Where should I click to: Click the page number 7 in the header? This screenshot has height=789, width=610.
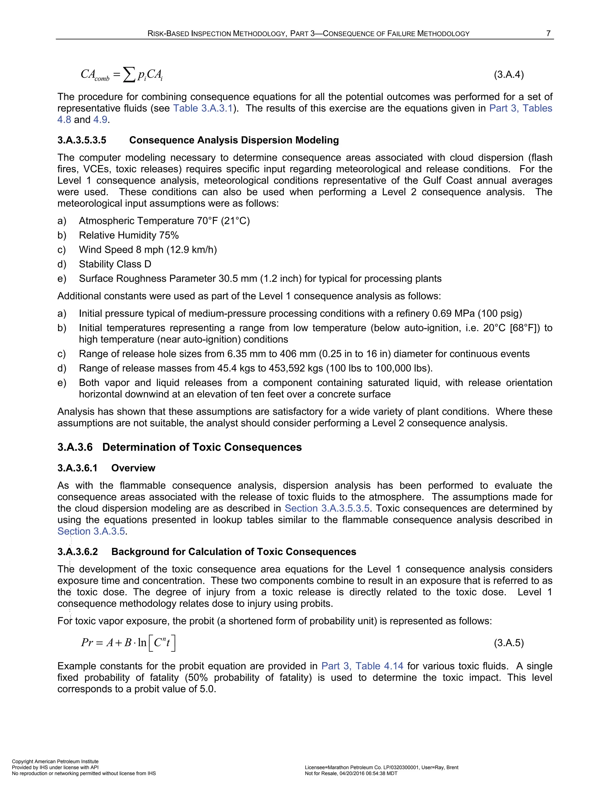[x=548, y=34]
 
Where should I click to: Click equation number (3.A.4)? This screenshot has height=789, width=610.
[x=509, y=75]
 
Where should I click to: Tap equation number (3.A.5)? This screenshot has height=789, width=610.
[x=509, y=643]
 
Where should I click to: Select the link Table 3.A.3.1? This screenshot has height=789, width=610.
[x=202, y=108]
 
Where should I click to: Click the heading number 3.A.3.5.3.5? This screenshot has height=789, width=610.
[x=82, y=140]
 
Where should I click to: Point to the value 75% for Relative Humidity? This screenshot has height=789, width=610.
[x=169, y=235]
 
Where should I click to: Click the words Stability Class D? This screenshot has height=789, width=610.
[x=115, y=264]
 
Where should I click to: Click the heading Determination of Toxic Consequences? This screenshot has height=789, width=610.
[x=202, y=447]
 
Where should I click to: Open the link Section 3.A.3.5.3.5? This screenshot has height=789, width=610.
[x=327, y=508]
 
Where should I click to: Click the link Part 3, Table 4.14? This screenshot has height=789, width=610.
[x=362, y=666]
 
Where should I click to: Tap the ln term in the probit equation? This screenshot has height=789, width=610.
[x=142, y=643]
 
